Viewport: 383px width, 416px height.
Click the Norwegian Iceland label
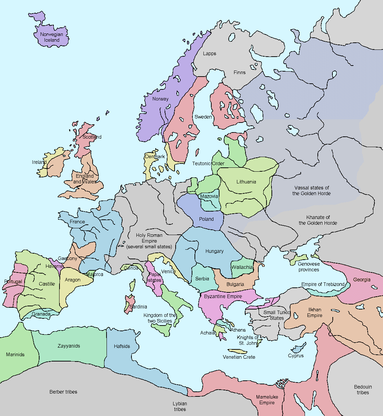coord(52,37)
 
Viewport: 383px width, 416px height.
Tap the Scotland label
coord(92,137)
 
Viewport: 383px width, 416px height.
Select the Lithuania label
coord(246,182)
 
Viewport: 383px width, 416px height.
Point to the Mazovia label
coord(209,196)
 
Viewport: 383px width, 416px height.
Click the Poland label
coord(206,219)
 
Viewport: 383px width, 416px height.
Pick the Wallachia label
coord(242,267)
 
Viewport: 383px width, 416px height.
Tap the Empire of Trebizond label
coord(323,284)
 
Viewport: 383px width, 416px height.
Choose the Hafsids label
coord(122,346)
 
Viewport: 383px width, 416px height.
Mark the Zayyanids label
coord(69,346)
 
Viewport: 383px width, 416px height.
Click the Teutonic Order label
coord(208,163)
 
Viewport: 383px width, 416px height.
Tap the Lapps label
coord(209,53)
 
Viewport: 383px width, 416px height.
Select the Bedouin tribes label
coord(363,390)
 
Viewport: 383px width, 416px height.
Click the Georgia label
coord(362,280)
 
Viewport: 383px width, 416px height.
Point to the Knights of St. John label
coord(248,340)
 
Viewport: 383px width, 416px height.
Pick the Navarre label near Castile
coord(54,266)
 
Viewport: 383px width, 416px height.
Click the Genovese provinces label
coord(309,267)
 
